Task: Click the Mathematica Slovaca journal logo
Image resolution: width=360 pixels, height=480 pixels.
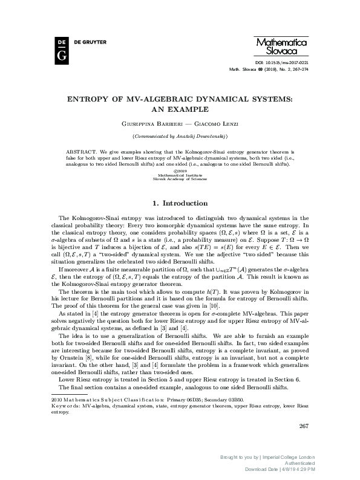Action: pyautogui.click(x=283, y=47)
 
